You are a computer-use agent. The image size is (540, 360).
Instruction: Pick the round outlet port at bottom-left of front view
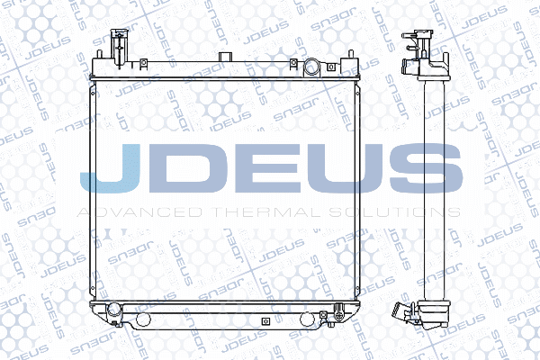(112, 312)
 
